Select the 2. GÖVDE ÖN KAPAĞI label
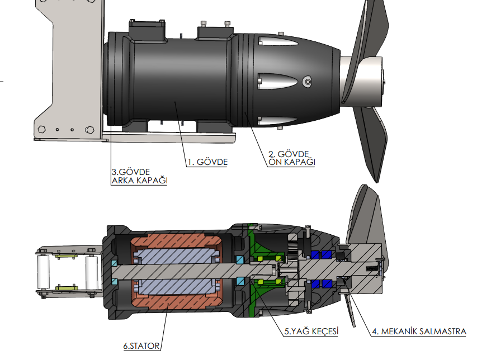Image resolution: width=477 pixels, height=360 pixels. pos(290,158)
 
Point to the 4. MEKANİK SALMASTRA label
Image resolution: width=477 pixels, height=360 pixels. pos(418,331)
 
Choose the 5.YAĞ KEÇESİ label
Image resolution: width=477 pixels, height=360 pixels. pos(311,331)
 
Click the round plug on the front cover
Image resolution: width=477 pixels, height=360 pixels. pos(307,82)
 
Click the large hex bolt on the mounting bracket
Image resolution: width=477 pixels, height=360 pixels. pos(88,130)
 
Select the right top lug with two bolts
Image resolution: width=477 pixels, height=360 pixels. pos(216,31)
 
